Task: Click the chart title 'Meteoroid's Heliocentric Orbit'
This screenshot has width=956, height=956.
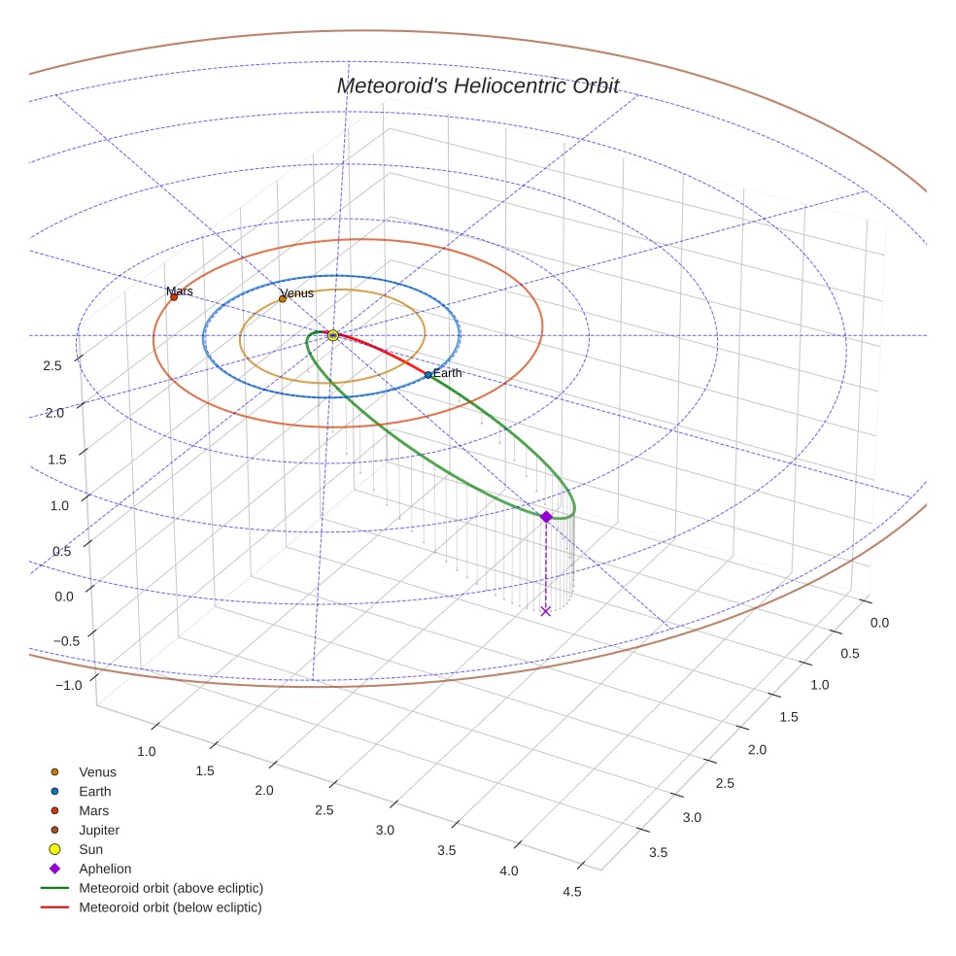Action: pyautogui.click(x=477, y=85)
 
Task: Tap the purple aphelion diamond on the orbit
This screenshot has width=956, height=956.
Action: pyautogui.click(x=546, y=517)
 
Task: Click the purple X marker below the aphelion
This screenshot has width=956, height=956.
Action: pyautogui.click(x=545, y=610)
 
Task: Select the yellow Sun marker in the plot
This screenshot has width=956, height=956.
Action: pyautogui.click(x=333, y=335)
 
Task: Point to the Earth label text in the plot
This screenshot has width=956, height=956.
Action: pyautogui.click(x=448, y=373)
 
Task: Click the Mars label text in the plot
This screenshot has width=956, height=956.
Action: pyautogui.click(x=180, y=290)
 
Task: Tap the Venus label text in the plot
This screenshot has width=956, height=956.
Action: pyautogui.click(x=296, y=292)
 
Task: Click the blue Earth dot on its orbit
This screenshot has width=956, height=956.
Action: pyautogui.click(x=428, y=375)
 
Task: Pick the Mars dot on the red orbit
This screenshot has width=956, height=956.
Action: pyautogui.click(x=174, y=297)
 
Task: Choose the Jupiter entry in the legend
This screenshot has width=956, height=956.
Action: pyautogui.click(x=99, y=830)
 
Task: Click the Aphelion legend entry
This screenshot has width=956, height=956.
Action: pyautogui.click(x=105, y=869)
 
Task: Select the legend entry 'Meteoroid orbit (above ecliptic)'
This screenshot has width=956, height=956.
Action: pyautogui.click(x=171, y=888)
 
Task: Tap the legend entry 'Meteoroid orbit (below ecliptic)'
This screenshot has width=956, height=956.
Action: pyautogui.click(x=170, y=907)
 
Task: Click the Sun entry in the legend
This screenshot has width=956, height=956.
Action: pyautogui.click(x=90, y=849)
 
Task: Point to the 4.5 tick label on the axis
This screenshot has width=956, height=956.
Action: pyautogui.click(x=571, y=892)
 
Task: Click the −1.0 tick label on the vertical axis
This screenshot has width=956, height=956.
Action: pyautogui.click(x=69, y=685)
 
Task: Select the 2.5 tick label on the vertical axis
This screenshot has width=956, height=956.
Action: pyautogui.click(x=52, y=365)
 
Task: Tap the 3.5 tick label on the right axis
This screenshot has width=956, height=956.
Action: pyautogui.click(x=658, y=852)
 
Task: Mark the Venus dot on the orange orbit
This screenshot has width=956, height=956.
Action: pyautogui.click(x=283, y=299)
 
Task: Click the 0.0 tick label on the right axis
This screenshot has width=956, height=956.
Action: pyautogui.click(x=878, y=622)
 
